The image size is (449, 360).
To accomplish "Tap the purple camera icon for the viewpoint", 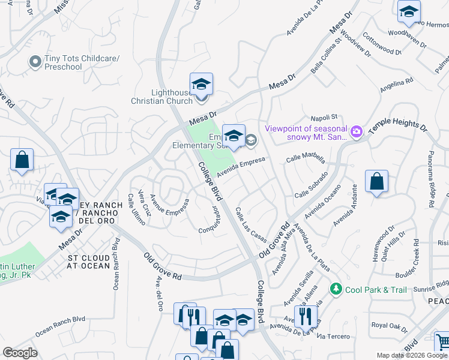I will click(x=357, y=131).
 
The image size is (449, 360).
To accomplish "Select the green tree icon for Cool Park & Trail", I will click(x=336, y=289).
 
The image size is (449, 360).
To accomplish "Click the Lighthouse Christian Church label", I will click(x=162, y=97).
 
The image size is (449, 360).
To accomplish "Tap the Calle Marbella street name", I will click(x=306, y=159).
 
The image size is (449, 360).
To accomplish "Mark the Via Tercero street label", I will click(x=333, y=336).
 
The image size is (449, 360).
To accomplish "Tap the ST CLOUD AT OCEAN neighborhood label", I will click(x=88, y=262).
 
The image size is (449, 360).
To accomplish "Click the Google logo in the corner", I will click(x=20, y=353).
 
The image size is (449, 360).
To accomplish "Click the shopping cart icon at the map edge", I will click(x=442, y=341).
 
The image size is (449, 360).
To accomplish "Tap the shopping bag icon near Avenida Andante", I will click(x=376, y=181).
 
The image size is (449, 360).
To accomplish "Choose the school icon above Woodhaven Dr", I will click(x=409, y=11).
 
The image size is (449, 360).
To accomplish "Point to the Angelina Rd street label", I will click(x=396, y=85).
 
